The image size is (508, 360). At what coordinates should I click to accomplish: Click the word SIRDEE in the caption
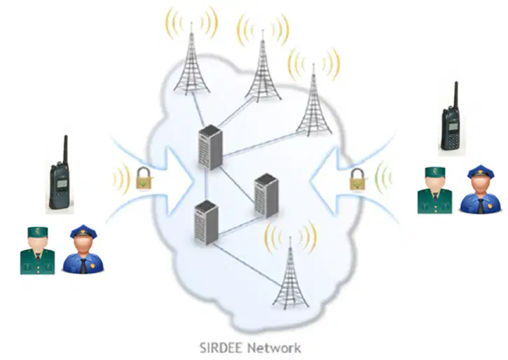pos(221,348)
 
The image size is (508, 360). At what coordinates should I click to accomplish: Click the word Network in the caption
pos(274,348)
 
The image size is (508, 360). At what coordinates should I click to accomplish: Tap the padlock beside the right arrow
pos(357,180)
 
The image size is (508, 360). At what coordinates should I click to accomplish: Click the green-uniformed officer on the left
pos(37,251)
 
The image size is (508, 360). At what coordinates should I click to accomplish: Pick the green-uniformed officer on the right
pos(434,191)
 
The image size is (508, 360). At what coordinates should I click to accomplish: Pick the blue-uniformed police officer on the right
pos(481,189)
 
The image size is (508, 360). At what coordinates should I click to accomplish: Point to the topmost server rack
pos(211,147)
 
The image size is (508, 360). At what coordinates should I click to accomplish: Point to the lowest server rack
pos(206,223)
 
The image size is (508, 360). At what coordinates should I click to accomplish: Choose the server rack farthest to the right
pos(266,195)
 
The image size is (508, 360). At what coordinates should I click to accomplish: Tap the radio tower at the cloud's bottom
pos(290,273)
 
